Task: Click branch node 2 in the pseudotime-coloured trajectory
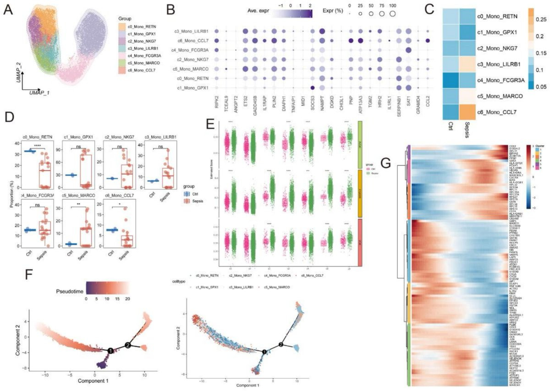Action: pos(128,344)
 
